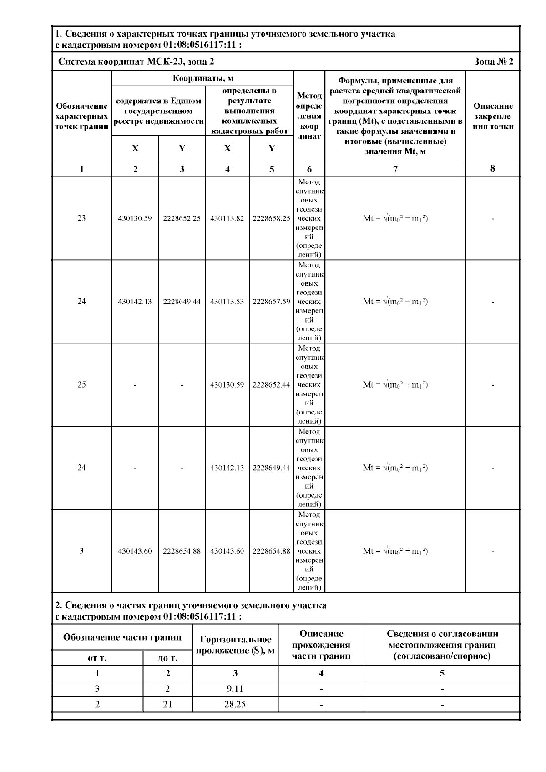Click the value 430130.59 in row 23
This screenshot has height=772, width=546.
[x=135, y=218]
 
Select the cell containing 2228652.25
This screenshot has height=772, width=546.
[x=182, y=218]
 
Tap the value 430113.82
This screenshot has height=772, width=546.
[x=227, y=218]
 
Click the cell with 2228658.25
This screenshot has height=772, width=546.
[x=271, y=218]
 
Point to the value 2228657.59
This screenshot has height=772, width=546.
[x=271, y=302]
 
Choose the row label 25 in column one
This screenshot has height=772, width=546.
[x=81, y=385]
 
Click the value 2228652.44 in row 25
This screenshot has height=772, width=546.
[x=271, y=385]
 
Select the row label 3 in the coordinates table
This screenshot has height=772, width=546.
[x=81, y=551]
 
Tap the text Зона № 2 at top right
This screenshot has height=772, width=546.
[x=493, y=62]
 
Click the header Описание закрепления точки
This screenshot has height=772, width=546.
[x=493, y=116]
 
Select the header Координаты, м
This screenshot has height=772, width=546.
[x=203, y=78]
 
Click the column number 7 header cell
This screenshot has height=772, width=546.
[x=395, y=169]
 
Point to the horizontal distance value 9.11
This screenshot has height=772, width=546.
[x=235, y=689]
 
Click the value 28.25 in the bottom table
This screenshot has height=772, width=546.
[x=235, y=705]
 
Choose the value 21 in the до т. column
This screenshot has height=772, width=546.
[x=167, y=705]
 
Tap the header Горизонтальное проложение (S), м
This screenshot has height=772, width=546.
[x=235, y=645]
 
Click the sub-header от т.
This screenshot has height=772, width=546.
[x=97, y=658]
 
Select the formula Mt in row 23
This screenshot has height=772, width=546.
[x=395, y=218]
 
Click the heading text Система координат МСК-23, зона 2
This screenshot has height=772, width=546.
[x=136, y=62]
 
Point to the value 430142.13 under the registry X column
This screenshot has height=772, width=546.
[x=135, y=302]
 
